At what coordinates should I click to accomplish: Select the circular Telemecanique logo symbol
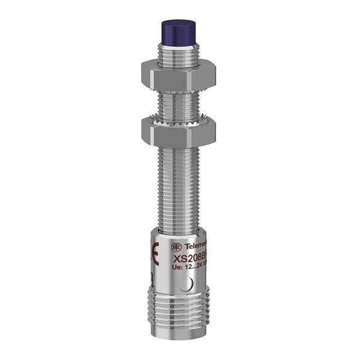click(175, 247)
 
